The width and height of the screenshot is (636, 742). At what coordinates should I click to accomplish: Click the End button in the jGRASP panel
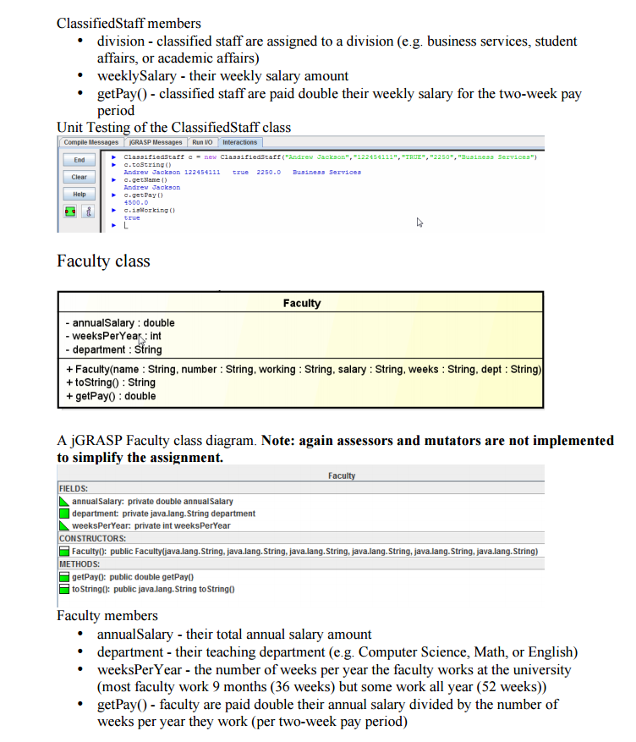(79, 160)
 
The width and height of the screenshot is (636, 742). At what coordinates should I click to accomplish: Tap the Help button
(79, 194)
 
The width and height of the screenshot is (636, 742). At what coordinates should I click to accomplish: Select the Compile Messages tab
(91, 142)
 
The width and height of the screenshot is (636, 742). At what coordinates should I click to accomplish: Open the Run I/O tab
(202, 142)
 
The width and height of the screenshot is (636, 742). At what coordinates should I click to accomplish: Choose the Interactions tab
(239, 142)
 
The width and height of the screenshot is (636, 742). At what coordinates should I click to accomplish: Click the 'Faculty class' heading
(103, 260)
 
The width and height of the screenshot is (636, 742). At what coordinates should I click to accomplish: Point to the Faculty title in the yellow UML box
(302, 303)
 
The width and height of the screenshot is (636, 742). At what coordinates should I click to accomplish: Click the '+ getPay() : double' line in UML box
(111, 396)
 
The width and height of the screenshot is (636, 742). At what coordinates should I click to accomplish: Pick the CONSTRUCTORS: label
(92, 538)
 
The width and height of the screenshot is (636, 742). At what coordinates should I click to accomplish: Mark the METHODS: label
(79, 563)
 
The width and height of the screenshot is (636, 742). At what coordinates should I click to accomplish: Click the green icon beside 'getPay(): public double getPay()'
(64, 576)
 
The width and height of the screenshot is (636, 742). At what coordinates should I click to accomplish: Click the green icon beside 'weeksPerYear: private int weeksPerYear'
(64, 525)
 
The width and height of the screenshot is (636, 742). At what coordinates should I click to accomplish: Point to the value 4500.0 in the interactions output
(136, 202)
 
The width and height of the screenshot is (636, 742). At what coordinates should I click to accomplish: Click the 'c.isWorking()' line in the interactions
(149, 210)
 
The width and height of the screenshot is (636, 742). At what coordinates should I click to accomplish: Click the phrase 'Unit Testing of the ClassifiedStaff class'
(173, 128)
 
